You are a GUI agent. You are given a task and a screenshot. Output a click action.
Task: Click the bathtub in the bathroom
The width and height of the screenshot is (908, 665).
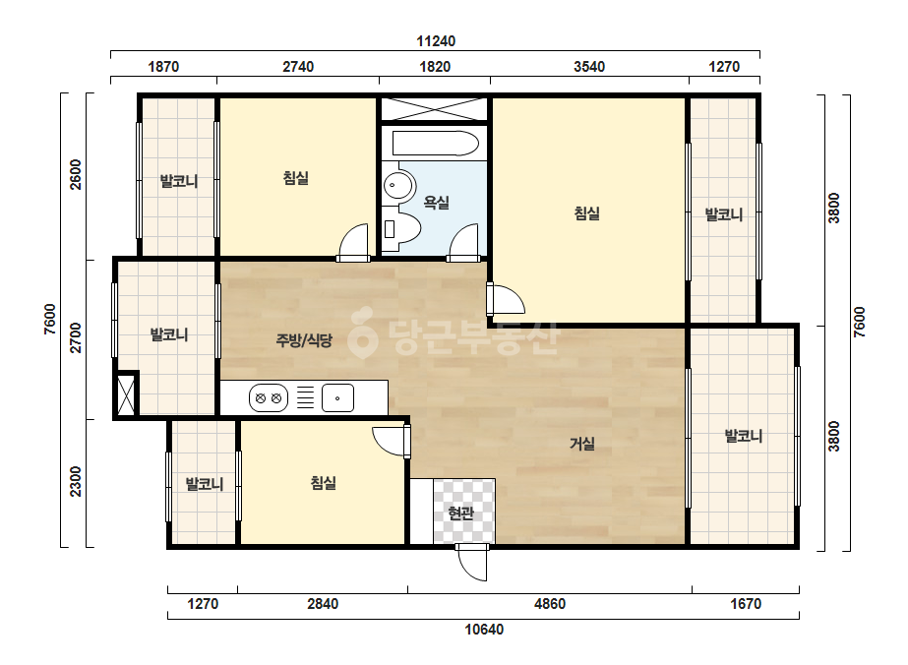click(436, 143)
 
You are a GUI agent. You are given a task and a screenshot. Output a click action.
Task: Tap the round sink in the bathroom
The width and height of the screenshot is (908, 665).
click(399, 185)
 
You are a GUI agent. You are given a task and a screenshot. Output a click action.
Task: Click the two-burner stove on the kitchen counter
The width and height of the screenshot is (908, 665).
click(269, 398)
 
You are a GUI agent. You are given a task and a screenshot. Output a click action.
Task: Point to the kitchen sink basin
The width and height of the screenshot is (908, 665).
click(337, 398)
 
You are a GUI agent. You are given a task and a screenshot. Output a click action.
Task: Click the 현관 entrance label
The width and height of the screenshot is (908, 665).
click(461, 513)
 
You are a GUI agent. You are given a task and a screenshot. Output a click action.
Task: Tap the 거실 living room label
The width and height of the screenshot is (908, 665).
click(582, 444)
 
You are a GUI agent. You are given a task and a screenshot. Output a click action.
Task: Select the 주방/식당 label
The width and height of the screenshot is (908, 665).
click(303, 340)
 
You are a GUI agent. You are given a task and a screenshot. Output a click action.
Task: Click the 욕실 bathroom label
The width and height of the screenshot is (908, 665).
click(436, 203)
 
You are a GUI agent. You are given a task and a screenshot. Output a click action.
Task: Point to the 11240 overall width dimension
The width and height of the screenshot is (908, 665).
click(436, 41)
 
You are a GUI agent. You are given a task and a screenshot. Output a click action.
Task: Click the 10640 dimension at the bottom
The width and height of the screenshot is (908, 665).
click(484, 629)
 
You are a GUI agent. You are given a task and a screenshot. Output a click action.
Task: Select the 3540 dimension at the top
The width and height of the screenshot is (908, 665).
click(589, 67)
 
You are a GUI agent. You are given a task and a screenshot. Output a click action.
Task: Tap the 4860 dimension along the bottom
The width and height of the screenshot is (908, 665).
click(550, 604)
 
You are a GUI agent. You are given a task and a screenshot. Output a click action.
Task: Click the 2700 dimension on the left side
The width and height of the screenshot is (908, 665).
click(76, 338)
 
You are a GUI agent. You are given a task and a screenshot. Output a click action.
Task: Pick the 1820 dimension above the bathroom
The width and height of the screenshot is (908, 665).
click(435, 67)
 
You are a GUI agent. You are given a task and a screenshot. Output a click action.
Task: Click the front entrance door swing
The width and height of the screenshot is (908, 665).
click(472, 562)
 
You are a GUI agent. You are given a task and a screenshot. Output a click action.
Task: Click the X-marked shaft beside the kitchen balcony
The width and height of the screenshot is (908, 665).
click(126, 394)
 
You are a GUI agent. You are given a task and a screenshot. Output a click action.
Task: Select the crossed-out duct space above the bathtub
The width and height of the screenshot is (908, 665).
click(434, 109)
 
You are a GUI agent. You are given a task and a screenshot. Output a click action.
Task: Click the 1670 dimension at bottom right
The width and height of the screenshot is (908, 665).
click(746, 604)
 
